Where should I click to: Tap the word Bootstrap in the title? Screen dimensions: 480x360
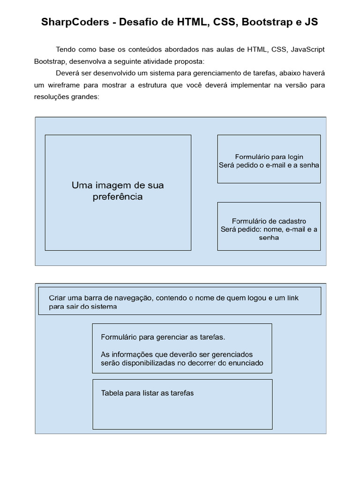click(265, 22)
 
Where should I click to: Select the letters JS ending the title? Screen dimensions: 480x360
click(311, 22)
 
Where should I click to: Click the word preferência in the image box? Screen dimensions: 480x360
click(118, 197)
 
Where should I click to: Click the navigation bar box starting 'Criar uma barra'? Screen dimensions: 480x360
click(180, 301)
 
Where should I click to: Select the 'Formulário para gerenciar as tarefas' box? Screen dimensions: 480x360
click(182, 348)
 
